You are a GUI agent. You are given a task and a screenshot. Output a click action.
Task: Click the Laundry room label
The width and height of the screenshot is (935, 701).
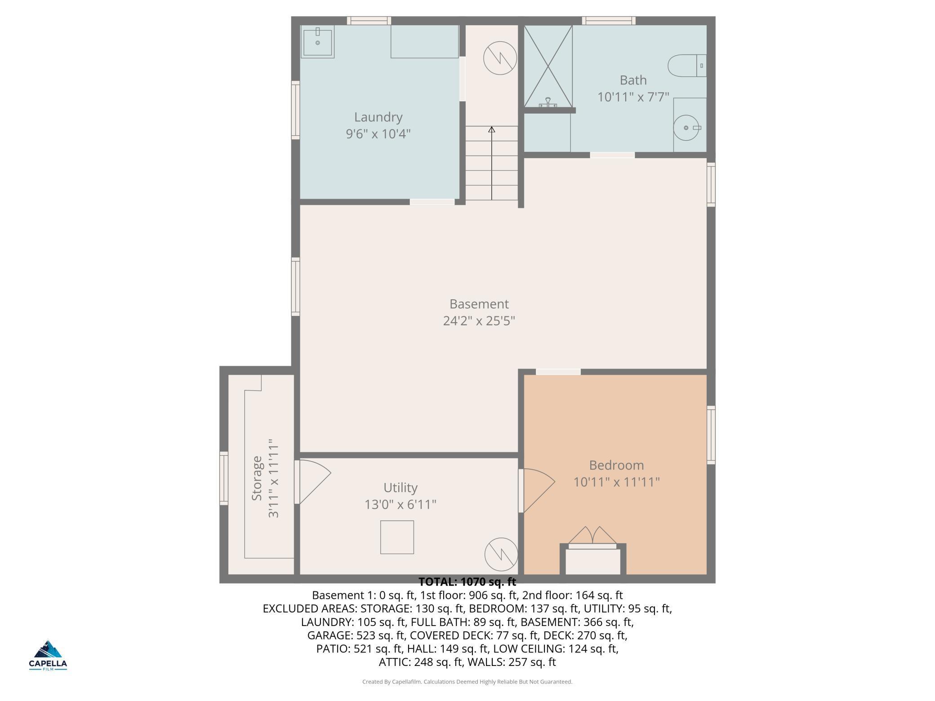[378, 117]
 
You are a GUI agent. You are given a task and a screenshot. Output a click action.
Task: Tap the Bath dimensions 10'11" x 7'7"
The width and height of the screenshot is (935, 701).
[633, 97]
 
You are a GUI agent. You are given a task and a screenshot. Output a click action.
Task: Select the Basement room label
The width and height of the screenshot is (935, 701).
[479, 304]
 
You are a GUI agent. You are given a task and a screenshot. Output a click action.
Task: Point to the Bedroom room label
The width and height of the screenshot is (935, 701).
[616, 465]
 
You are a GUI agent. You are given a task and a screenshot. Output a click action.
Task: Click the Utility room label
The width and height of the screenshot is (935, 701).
[401, 488]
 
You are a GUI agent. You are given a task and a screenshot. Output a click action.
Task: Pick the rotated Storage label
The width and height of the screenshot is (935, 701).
[257, 478]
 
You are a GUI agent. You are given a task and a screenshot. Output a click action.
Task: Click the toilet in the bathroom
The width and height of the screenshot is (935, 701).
[687, 66]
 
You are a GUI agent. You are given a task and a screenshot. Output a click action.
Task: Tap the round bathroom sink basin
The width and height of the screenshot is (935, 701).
[686, 128]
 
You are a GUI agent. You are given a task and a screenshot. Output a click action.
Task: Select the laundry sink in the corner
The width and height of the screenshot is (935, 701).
[317, 42]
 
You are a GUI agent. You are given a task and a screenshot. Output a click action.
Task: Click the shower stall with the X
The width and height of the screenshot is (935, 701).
[548, 66]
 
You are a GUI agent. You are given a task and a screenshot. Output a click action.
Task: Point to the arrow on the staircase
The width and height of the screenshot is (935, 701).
[492, 163]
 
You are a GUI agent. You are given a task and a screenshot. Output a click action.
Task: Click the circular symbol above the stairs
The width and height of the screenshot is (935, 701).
[500, 58]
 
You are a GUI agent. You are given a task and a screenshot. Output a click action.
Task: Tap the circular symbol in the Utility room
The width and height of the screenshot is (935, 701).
[501, 554]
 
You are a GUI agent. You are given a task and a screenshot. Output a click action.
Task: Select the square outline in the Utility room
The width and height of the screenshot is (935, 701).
[397, 537]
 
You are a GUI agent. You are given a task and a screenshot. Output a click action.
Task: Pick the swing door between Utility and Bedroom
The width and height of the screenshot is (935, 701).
[537, 490]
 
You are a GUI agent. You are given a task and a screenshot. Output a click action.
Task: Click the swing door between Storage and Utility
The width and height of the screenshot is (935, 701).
[313, 482]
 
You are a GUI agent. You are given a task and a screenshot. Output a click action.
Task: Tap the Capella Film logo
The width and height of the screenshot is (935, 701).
[48, 655]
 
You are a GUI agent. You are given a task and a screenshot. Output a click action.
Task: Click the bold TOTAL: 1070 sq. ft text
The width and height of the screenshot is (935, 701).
[467, 582]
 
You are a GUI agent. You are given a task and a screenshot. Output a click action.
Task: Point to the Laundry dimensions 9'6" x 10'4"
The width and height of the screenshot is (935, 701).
[378, 134]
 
